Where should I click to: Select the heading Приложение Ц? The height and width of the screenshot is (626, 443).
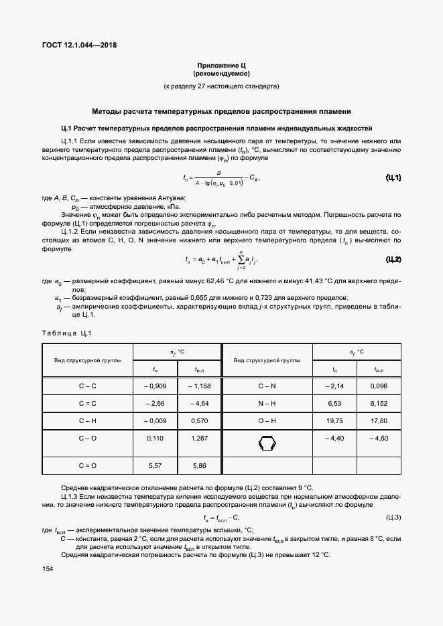221,65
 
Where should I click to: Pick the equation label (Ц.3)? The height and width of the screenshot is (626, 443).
393,518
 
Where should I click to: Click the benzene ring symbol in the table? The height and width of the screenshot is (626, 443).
267,443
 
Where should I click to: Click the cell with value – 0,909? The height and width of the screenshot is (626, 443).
155,386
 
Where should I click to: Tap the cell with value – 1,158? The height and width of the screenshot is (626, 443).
200,386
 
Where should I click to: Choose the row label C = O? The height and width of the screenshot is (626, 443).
88,465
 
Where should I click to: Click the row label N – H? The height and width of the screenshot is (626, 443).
267,404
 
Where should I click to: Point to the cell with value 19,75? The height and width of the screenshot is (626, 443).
334,420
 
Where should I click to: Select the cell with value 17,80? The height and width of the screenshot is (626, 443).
379,420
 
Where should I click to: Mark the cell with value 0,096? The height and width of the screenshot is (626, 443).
379,386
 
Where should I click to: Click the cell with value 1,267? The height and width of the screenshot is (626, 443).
200,438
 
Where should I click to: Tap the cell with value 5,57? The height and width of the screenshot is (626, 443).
155,465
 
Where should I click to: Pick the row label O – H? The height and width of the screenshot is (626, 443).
267,420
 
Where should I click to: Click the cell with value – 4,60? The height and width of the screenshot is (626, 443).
379,438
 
